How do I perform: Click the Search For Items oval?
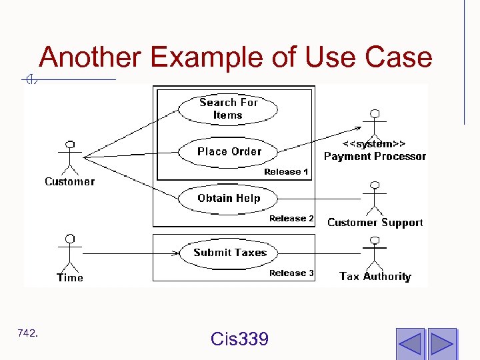[x=228, y=109]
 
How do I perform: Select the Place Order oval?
[x=229, y=151]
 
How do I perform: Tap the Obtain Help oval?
[x=229, y=198]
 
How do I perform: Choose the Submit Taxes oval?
[x=229, y=253]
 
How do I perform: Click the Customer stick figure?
[x=69, y=157]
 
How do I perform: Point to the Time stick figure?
[x=69, y=253]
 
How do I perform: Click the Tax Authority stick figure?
[x=375, y=252]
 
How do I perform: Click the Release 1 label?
[x=286, y=172]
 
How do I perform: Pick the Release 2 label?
[x=291, y=219]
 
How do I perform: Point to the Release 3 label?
[x=291, y=273]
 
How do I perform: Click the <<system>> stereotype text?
[x=375, y=143]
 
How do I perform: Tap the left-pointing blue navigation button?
[x=409, y=343]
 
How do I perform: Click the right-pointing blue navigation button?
[x=441, y=343]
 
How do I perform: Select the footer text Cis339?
[x=239, y=339]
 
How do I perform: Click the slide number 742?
[x=28, y=333]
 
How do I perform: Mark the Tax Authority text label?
[x=375, y=276]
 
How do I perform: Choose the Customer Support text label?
[x=375, y=223]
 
